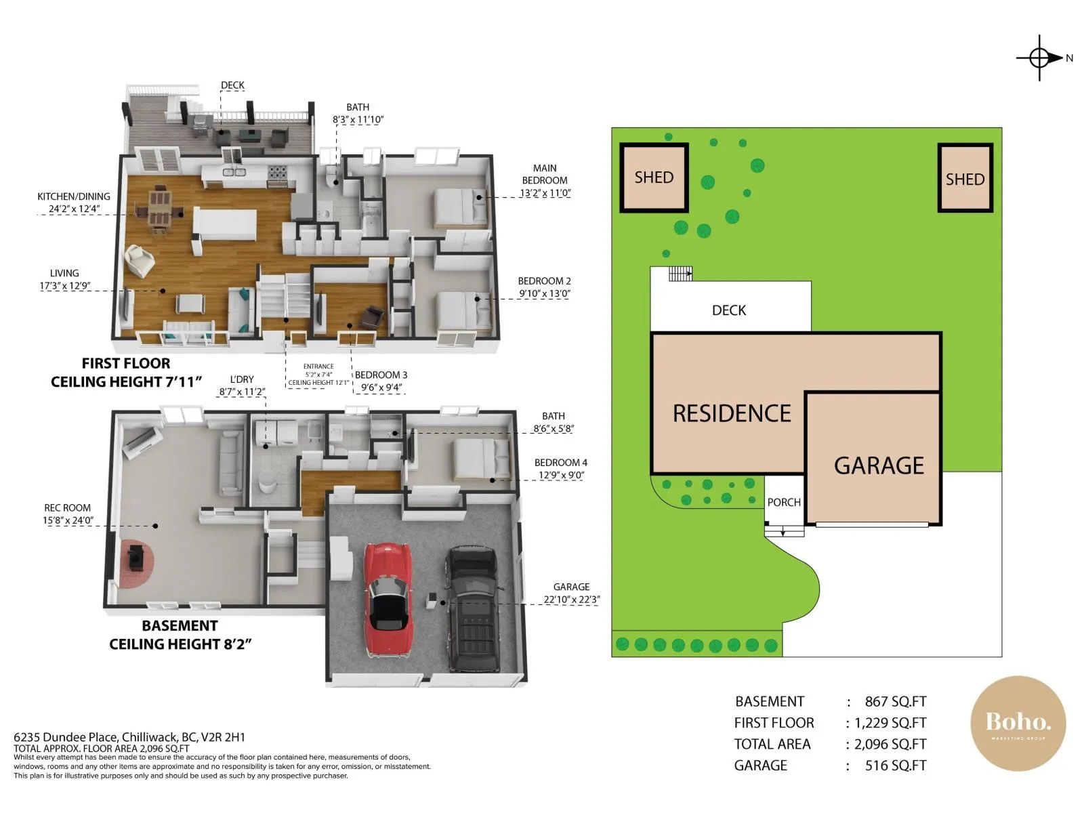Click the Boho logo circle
click(x=1018, y=723)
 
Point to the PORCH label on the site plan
click(x=784, y=503)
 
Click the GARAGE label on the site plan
click(x=879, y=465)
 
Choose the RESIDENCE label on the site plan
click(x=732, y=413)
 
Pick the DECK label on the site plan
click(x=729, y=310)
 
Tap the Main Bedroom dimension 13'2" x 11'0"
click(x=545, y=193)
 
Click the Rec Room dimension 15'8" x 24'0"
click(x=68, y=520)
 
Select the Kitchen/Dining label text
click(x=74, y=196)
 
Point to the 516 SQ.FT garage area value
click(x=896, y=765)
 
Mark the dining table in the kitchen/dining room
click(x=159, y=209)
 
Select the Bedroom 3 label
click(x=381, y=375)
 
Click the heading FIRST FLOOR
click(x=126, y=364)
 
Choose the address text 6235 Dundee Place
click(x=66, y=737)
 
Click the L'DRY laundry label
click(x=242, y=379)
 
